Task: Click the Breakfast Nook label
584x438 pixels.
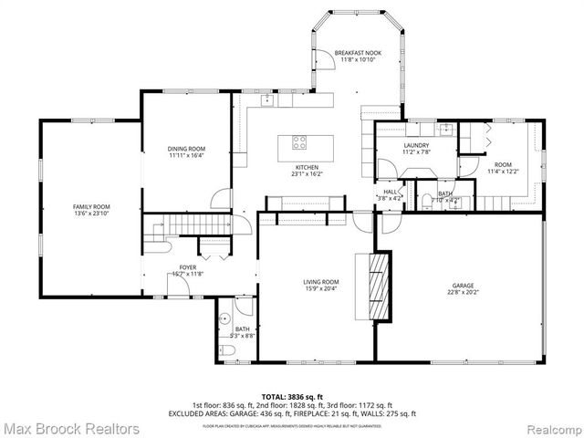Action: tap(358, 53)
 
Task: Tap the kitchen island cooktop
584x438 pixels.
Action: tap(298, 141)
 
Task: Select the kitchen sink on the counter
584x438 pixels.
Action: tap(268, 100)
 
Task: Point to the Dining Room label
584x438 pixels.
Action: tap(186, 149)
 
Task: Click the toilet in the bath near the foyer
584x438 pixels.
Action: tap(228, 349)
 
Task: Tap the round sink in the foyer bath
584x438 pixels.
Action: tap(224, 318)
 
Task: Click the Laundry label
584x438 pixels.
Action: tap(416, 146)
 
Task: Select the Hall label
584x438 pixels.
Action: tap(390, 192)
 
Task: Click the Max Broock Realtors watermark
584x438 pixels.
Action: tap(70, 427)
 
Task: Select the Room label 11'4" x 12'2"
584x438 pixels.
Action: tap(503, 164)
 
